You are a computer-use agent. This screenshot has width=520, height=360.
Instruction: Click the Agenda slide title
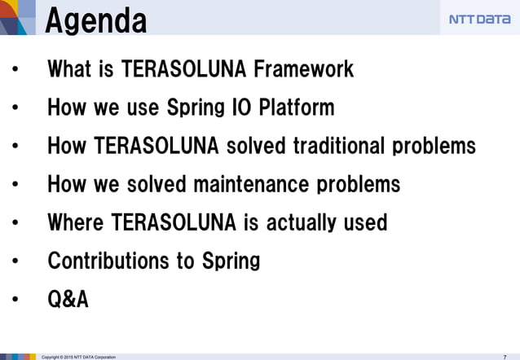tap(96, 20)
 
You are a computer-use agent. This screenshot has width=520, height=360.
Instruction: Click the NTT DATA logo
tap(479, 20)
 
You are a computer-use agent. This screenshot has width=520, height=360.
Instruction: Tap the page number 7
tap(505, 356)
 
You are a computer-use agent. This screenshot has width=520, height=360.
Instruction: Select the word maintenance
tap(249, 184)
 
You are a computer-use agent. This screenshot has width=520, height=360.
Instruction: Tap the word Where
tap(76, 222)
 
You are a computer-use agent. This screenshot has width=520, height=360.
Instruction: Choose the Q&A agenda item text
tap(68, 300)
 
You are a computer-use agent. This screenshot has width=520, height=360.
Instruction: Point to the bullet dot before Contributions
tap(15, 262)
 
